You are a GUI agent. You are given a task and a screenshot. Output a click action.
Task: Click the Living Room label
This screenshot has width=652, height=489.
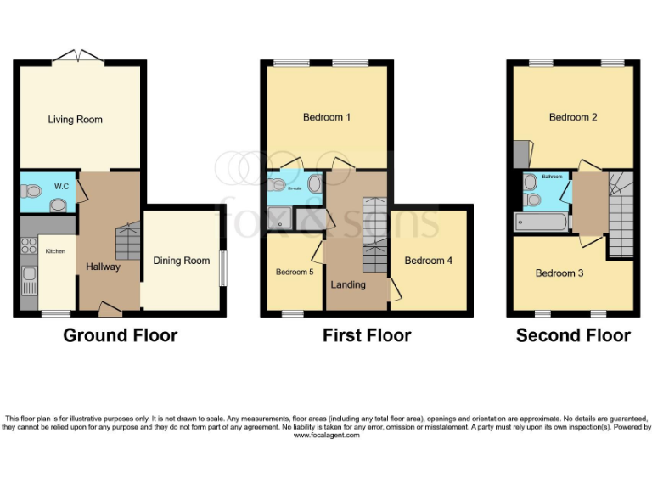[x=75, y=120]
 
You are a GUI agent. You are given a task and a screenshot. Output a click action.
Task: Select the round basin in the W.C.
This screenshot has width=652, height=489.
[x=59, y=204]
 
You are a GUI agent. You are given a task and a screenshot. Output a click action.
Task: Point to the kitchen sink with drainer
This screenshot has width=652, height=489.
[x=28, y=281]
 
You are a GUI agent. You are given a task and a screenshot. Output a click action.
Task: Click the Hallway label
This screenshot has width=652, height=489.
[x=103, y=267]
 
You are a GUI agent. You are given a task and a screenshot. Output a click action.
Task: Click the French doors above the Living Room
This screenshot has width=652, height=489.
[x=78, y=56]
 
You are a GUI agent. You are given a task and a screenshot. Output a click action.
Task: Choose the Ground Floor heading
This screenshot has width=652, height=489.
[x=121, y=335]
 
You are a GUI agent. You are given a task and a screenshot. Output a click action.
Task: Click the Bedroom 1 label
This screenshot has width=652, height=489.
[x=327, y=117]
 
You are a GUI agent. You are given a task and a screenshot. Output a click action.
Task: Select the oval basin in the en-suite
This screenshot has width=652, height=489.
[x=313, y=183]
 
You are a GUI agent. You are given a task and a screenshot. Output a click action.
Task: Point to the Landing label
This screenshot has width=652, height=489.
[x=348, y=284]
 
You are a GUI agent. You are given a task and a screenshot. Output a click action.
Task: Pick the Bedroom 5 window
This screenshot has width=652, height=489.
[x=293, y=314]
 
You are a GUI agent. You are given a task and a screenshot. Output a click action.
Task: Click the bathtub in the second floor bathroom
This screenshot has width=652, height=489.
[x=541, y=222]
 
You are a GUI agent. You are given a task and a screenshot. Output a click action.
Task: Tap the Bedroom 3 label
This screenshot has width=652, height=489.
[x=559, y=273]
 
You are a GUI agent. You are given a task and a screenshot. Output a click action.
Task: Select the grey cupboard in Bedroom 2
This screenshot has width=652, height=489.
[x=519, y=154]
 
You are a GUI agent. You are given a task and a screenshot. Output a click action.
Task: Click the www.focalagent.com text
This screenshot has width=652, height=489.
[x=326, y=435]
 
